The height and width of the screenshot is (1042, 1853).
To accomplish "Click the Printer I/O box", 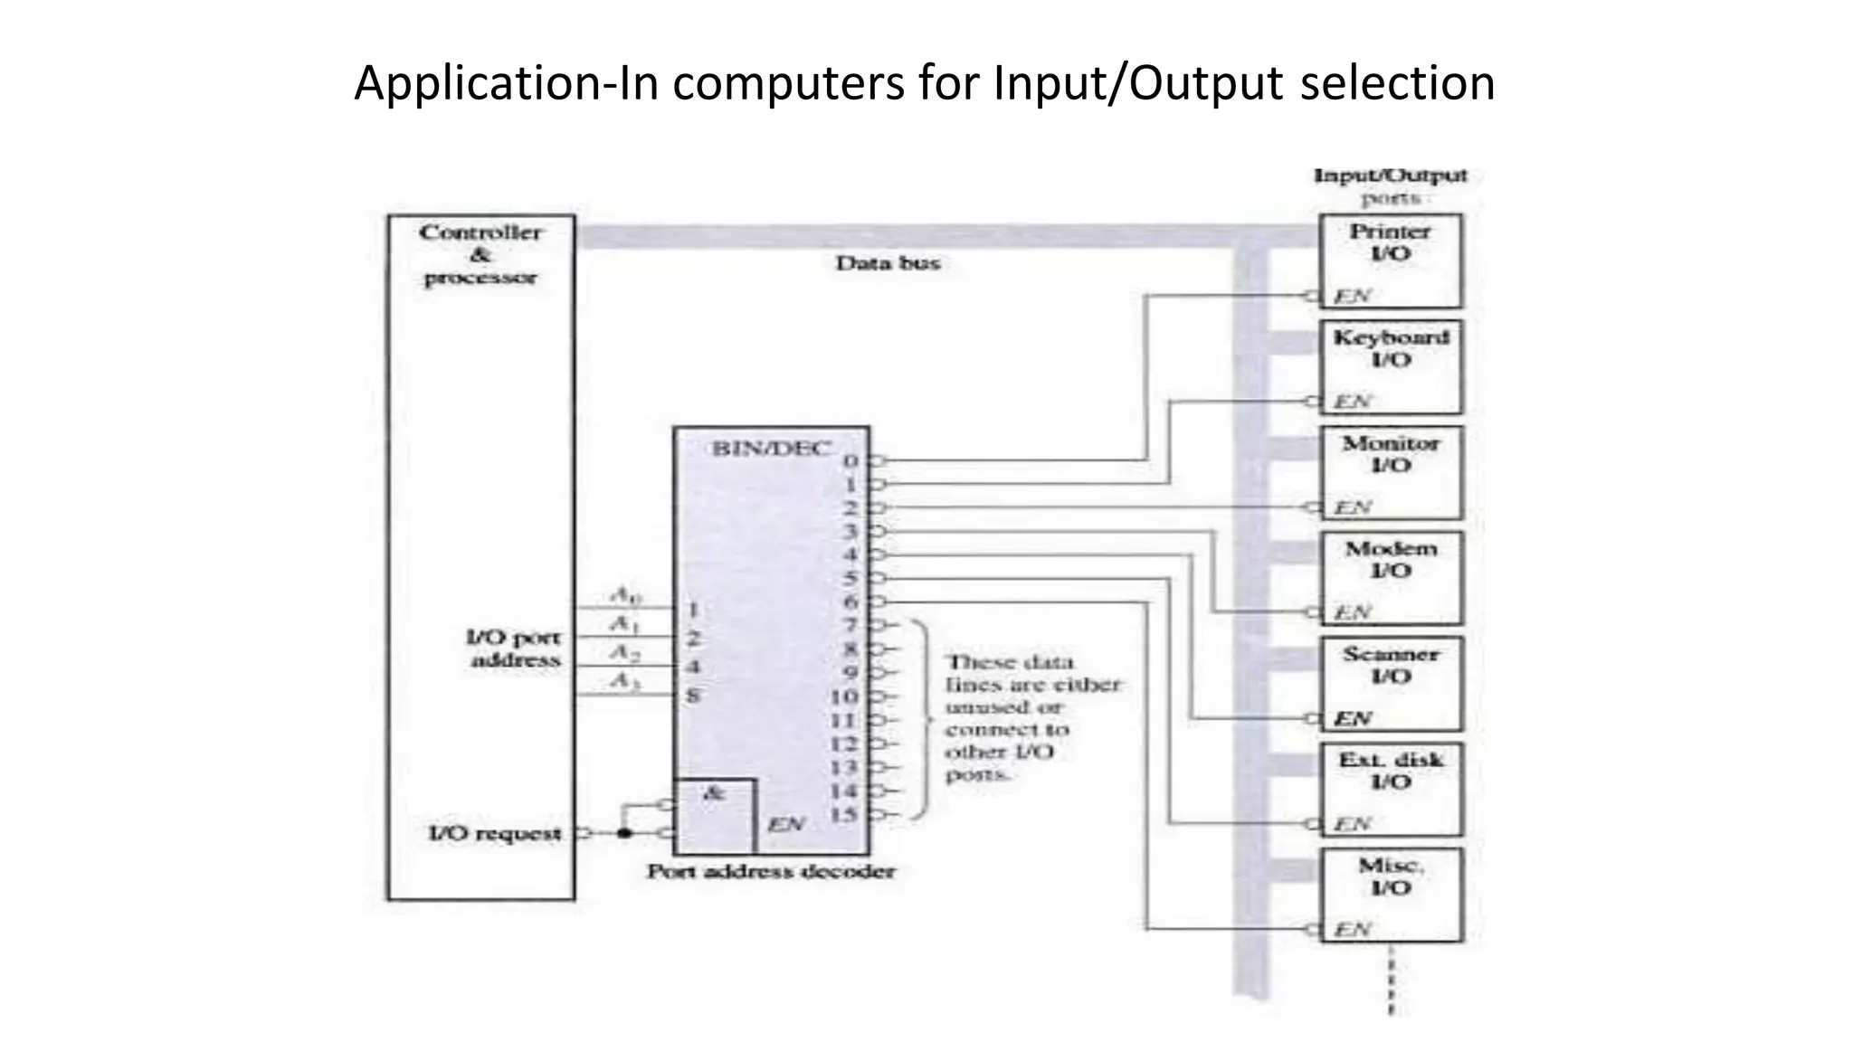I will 1390,260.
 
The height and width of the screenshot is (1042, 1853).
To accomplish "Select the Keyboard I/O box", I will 1390,366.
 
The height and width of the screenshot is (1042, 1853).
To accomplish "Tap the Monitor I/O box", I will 1390,472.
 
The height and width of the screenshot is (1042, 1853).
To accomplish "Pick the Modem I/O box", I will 1390,578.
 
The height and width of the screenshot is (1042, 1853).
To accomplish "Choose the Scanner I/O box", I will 1390,684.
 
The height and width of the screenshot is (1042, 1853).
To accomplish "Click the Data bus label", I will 888,263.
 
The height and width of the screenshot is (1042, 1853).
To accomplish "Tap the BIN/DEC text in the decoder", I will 771,449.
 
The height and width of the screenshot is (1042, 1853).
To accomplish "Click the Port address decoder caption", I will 771,872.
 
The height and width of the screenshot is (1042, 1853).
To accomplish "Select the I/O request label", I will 494,833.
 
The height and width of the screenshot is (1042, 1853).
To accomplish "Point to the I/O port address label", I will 514,649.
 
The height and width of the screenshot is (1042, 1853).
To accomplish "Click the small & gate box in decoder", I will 715,815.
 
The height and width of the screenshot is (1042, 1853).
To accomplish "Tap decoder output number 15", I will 843,814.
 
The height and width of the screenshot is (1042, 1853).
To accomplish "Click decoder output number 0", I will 850,461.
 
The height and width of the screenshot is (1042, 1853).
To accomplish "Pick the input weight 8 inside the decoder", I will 693,696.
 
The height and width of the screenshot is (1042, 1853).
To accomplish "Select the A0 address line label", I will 625,595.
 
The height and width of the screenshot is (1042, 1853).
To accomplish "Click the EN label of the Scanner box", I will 1353,719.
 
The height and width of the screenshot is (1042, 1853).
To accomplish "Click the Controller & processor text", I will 480,255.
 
